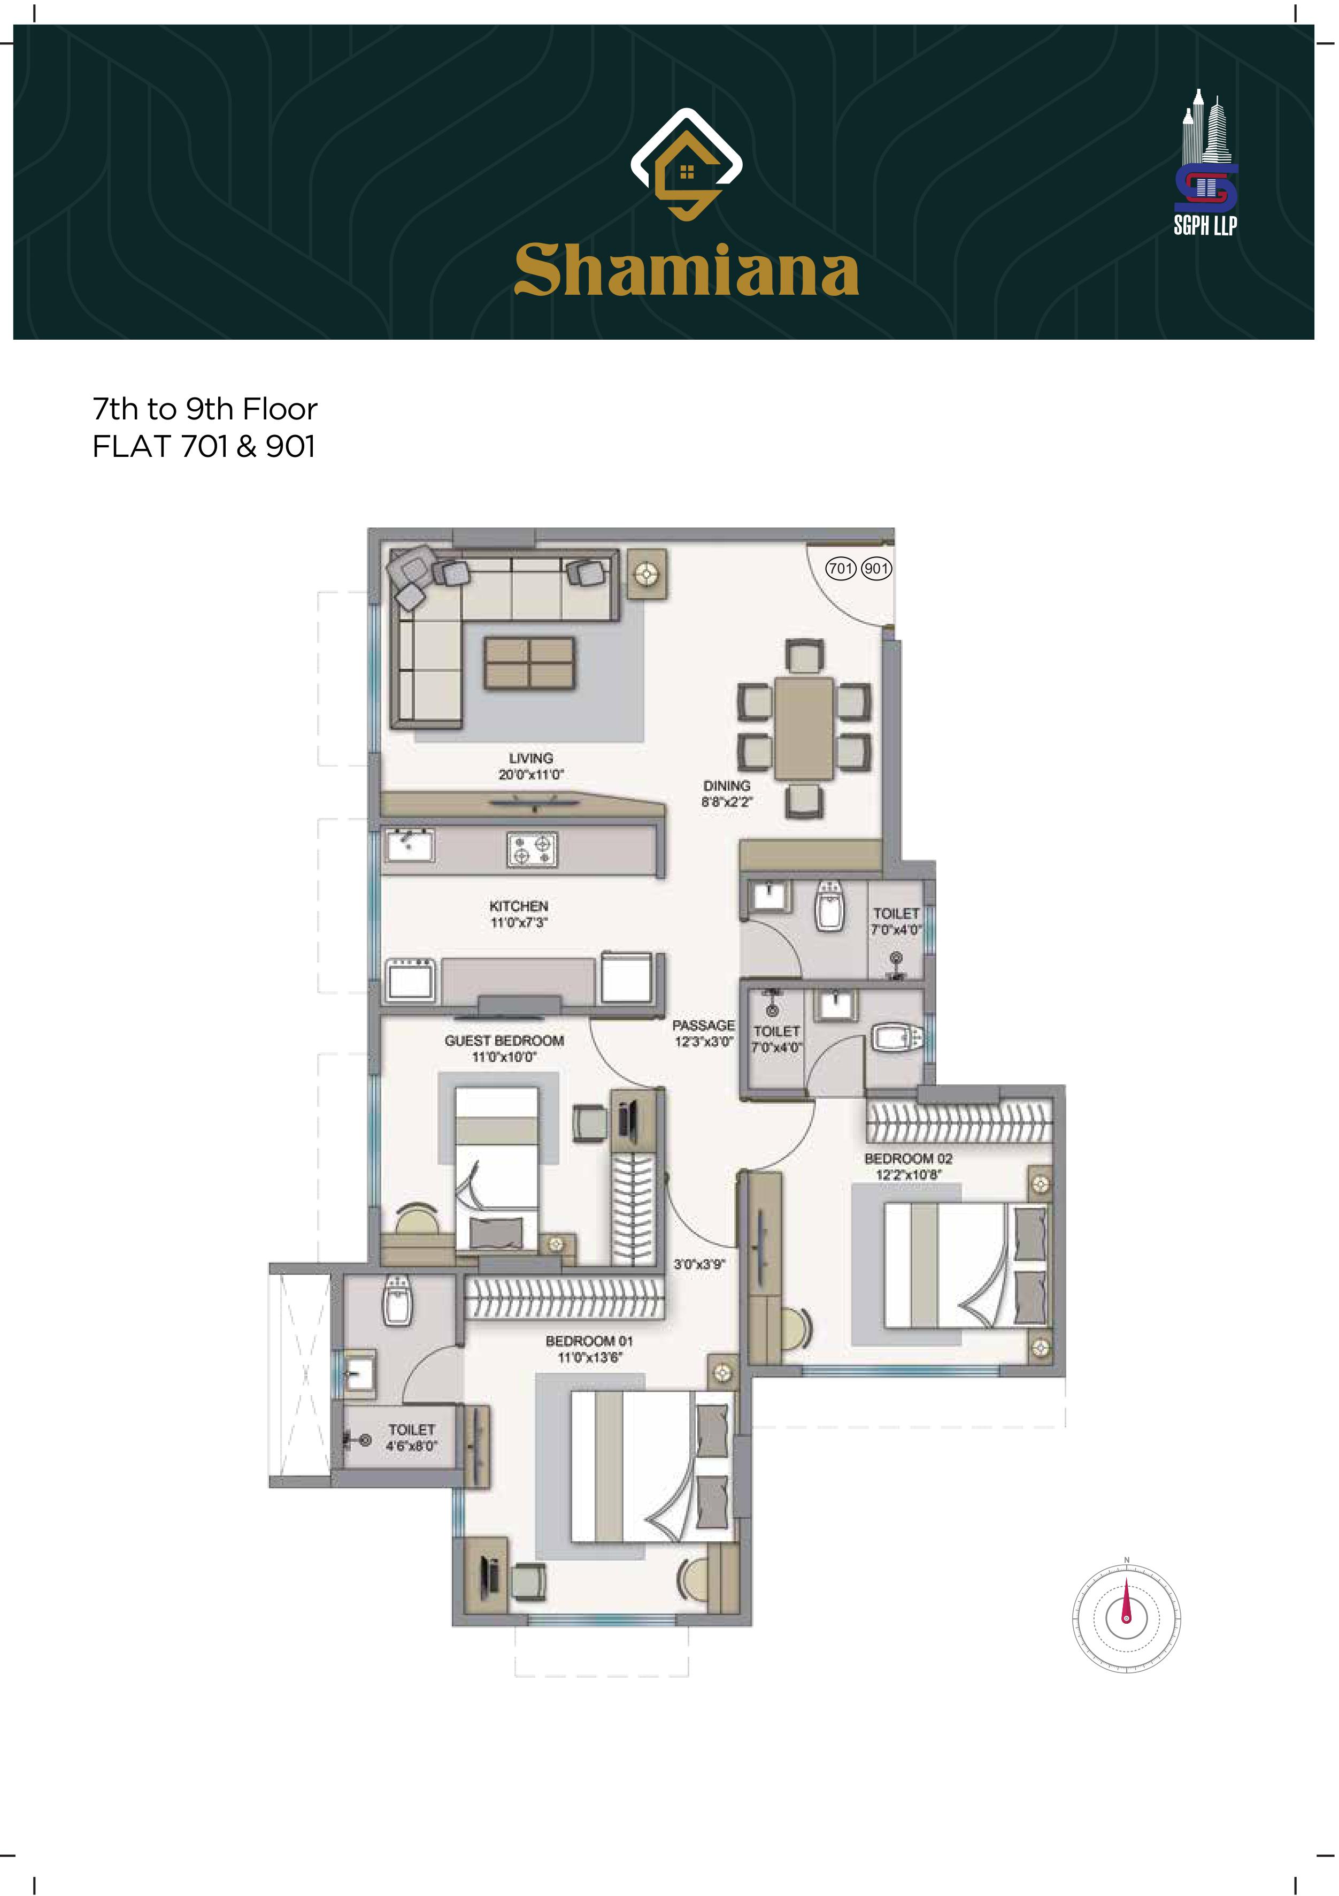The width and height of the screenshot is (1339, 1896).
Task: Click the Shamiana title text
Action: coord(686,270)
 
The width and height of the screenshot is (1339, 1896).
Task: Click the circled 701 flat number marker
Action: coord(841,568)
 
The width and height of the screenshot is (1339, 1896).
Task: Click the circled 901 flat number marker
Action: coord(876,568)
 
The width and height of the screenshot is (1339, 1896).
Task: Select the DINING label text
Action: coord(727,785)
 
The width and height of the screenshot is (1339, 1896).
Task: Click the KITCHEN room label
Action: coord(518,906)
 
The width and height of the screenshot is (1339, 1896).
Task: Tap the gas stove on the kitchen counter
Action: coord(532,850)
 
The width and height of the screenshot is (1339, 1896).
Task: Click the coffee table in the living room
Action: coord(530,663)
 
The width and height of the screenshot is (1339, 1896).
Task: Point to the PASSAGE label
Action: coord(703,1025)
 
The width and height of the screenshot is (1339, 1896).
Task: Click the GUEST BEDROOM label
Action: coord(504,1041)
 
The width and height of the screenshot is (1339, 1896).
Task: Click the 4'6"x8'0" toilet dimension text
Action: coord(411,1446)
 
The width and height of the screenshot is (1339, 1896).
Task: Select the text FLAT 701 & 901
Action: coord(204,447)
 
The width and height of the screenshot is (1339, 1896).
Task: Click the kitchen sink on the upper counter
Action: coord(410,846)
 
